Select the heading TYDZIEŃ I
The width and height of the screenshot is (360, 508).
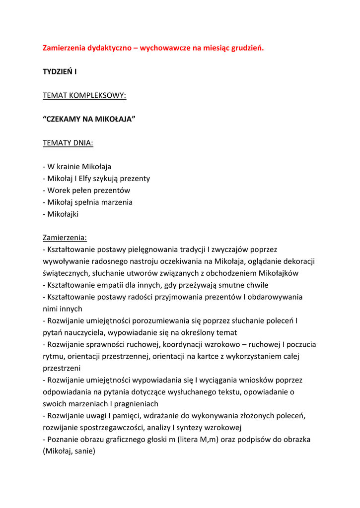(x=60, y=72)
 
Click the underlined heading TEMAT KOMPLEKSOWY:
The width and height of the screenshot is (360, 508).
(x=84, y=95)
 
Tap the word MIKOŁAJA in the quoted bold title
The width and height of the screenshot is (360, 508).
(x=111, y=119)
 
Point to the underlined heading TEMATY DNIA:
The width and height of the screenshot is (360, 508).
(x=68, y=143)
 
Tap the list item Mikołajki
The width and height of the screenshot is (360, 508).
(x=63, y=214)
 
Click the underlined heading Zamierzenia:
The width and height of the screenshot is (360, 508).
(x=65, y=238)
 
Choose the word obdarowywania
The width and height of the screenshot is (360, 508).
(x=276, y=297)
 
